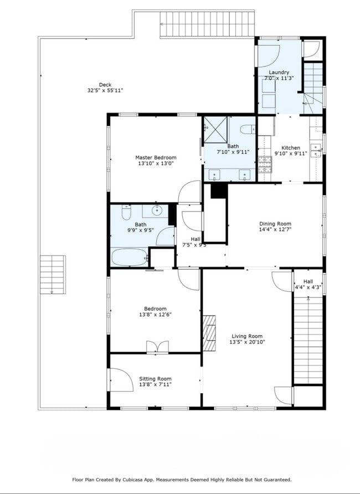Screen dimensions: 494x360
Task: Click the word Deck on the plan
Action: click(105, 85)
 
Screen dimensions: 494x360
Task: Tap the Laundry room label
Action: click(279, 73)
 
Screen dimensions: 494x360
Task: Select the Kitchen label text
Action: click(291, 148)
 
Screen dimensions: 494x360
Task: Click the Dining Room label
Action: click(275, 224)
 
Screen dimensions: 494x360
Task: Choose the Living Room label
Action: click(247, 336)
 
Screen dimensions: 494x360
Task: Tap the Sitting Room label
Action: click(155, 379)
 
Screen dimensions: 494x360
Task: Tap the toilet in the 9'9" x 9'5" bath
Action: click(125, 213)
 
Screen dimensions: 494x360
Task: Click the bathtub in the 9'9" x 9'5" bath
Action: click(128, 257)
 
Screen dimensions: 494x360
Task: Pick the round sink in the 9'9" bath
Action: click(157, 210)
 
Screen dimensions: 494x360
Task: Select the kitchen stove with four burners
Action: click(265, 164)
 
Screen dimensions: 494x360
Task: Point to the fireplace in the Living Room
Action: click(209, 333)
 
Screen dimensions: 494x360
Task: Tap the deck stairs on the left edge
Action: click(53, 274)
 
